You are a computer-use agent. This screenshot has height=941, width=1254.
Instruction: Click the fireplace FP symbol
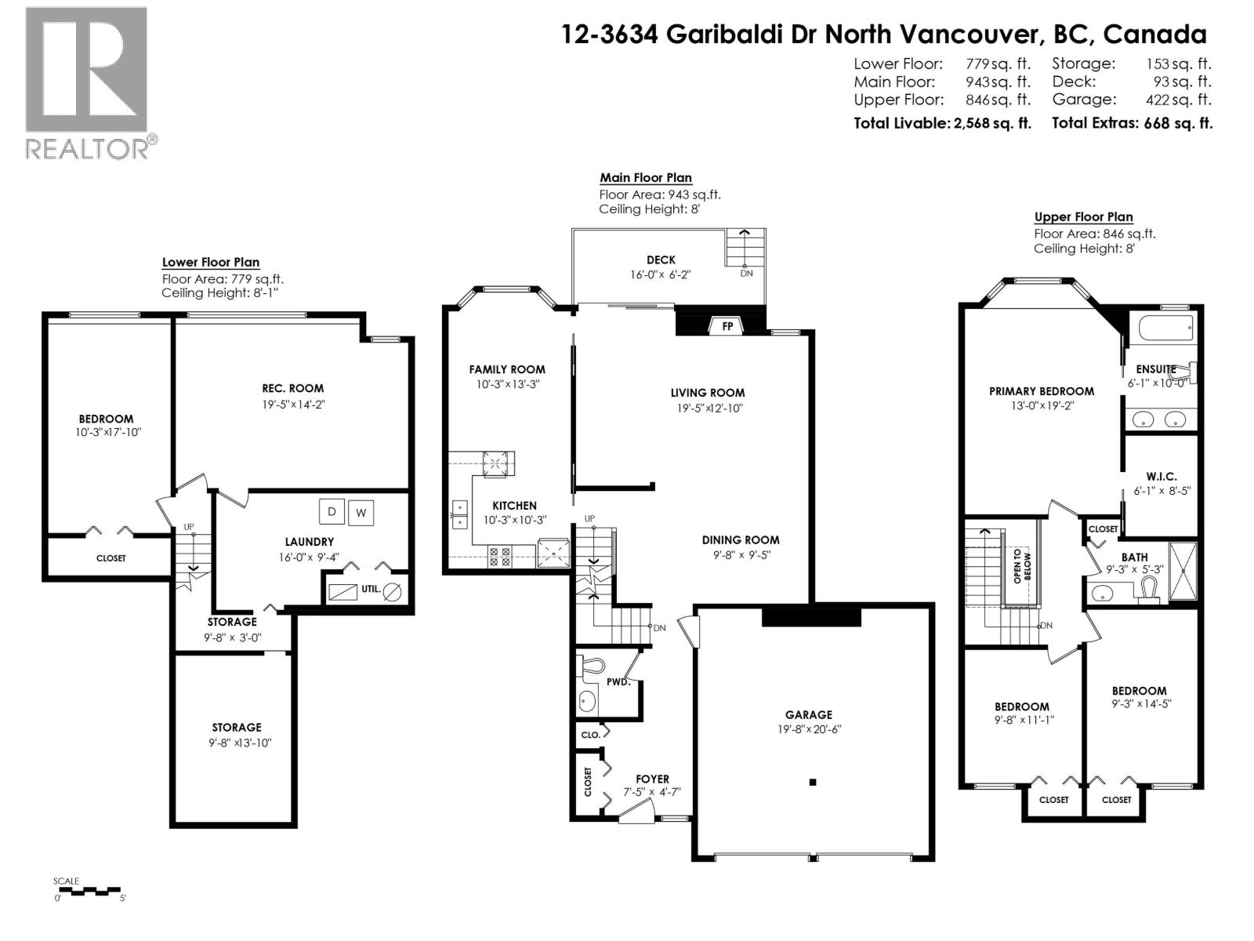pyautogui.click(x=727, y=325)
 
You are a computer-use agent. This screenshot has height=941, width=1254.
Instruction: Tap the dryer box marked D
pyautogui.click(x=332, y=512)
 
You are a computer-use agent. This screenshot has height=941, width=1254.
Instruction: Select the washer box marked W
pyautogui.click(x=361, y=514)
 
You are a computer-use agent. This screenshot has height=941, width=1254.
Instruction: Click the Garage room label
pyautogui.click(x=808, y=714)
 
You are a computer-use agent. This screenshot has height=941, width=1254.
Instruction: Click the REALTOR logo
pyautogui.click(x=87, y=82)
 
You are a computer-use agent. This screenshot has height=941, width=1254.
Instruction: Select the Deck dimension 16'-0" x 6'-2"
pyautogui.click(x=660, y=274)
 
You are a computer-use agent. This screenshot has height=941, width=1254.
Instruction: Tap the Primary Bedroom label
pyautogui.click(x=1041, y=391)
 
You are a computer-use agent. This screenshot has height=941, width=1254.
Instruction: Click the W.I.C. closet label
pyautogui.click(x=1161, y=477)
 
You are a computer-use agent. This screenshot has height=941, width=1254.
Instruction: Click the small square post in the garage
pyautogui.click(x=814, y=782)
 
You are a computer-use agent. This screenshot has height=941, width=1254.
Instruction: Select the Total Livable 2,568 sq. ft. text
pyautogui.click(x=942, y=123)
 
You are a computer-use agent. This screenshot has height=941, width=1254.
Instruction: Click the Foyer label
pyautogui.click(x=652, y=779)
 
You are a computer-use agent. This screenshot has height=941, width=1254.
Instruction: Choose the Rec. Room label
pyautogui.click(x=292, y=388)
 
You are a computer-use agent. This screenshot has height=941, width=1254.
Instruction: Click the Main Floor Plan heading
pyautogui.click(x=646, y=178)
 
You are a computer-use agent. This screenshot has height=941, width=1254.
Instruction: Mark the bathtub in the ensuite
pyautogui.click(x=1165, y=327)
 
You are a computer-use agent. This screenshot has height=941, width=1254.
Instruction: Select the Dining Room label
pyautogui.click(x=740, y=540)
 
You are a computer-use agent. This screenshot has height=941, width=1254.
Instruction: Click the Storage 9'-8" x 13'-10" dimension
pyautogui.click(x=240, y=743)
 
